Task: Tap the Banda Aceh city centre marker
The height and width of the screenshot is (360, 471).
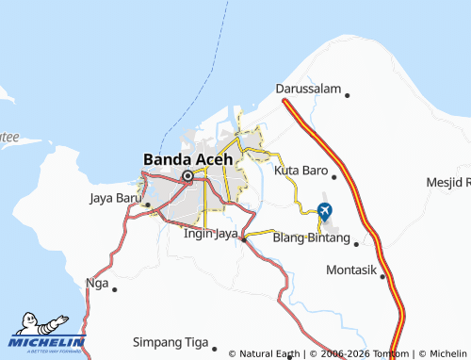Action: tap(187, 175)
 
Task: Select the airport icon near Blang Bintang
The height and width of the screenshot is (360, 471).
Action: tap(326, 209)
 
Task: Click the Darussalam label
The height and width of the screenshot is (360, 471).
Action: tap(306, 89)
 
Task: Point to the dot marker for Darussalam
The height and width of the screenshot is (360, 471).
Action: tap(348, 95)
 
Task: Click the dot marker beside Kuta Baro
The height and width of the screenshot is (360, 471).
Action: tap(333, 176)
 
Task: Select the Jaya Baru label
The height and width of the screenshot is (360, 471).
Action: tap(114, 198)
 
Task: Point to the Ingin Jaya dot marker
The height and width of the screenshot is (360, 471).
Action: tap(244, 238)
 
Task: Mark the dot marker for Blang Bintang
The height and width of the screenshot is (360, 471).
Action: tap(357, 242)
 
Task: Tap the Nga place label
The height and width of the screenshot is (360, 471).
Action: tap(96, 282)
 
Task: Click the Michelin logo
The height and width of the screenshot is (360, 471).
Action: tap(47, 332)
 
